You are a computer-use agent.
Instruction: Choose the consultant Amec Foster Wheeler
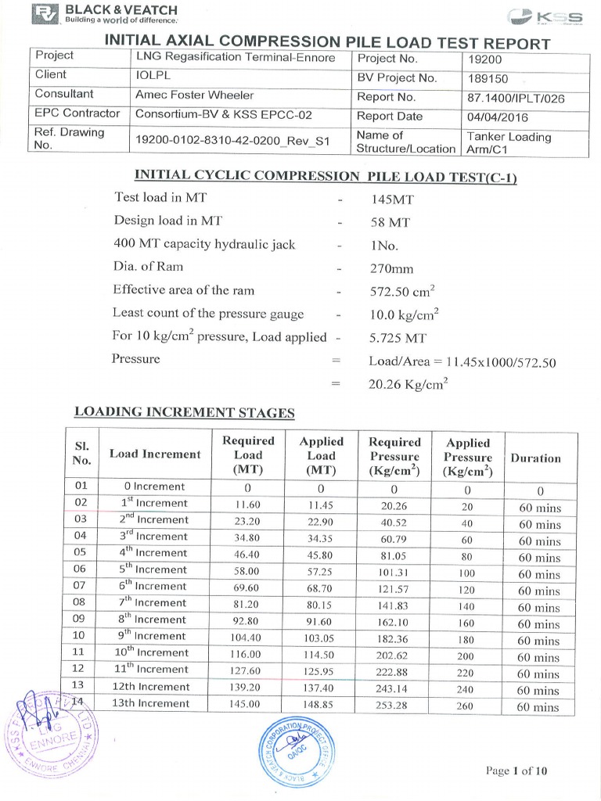(x=195, y=95)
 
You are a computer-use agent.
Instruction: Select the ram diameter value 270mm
(x=390, y=268)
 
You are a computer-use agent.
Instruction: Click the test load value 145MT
(x=391, y=199)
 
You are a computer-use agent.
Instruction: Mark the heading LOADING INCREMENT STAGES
(x=184, y=412)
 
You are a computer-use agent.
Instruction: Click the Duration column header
(x=535, y=458)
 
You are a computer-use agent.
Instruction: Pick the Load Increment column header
(x=155, y=454)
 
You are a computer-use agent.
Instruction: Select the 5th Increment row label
(x=153, y=569)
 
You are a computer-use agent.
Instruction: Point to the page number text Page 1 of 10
(x=516, y=770)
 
